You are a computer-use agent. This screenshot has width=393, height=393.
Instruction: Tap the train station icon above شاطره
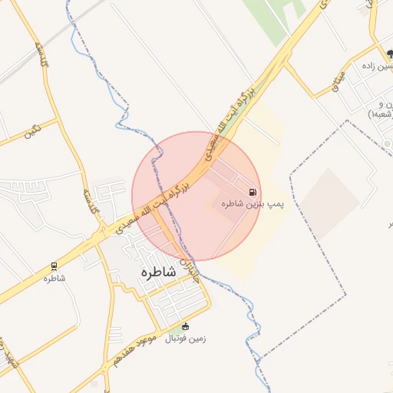pos(54,266)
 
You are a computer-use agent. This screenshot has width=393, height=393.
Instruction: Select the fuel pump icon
pos(253,192)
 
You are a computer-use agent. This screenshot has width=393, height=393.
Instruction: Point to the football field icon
pos(185,326)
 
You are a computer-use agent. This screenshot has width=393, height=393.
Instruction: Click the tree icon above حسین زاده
pos(389,54)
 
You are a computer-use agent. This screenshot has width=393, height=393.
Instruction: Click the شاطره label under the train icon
pos(54,278)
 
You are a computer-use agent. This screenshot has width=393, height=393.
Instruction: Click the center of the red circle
pos(196,196)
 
